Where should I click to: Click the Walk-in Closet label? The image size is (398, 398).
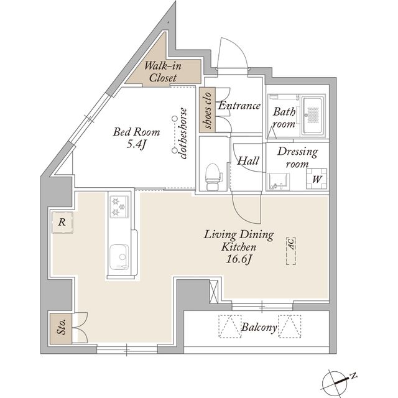pos(163,72)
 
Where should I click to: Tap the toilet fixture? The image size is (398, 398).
pos(213,177)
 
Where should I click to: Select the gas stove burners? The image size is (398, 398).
pos(119,206)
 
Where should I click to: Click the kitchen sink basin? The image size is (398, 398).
pos(119,256)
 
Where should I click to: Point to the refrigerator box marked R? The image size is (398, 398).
pos(62,223)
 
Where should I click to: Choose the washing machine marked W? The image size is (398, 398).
pos(317,179)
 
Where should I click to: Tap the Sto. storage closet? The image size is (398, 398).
pos(61,329)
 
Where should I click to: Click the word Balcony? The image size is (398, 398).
pos(259,327)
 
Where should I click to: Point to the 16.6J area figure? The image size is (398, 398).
pos(239,259)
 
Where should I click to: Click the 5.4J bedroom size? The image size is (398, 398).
pos(136,144)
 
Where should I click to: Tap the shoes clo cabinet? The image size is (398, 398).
pos(207,110)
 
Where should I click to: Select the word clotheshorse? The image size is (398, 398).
pos(183,134)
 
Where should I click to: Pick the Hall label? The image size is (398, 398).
pos(248,160)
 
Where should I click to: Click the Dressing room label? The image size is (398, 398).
pos(297,157)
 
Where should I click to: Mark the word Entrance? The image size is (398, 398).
pos(239,106)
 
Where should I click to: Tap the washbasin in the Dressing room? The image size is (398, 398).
pos(278,181)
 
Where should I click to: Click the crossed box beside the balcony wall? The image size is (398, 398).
pos(214,292)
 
